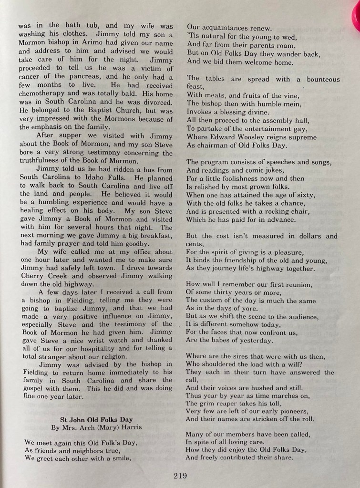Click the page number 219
[180, 476]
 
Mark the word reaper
[229, 403]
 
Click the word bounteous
[323, 79]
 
